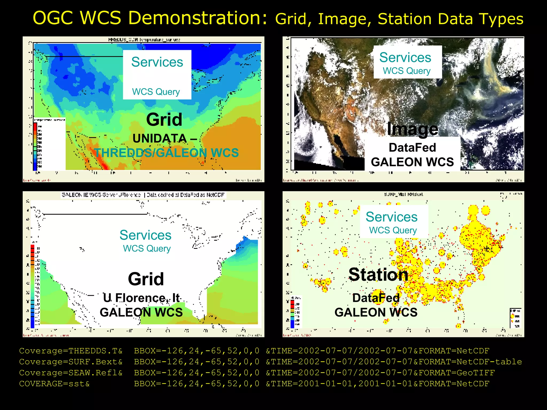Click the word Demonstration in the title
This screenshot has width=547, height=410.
(198, 18)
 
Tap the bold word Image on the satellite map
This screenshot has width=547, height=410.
(412, 129)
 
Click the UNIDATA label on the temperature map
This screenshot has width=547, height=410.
(160, 139)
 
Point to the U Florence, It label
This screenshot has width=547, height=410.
(141, 298)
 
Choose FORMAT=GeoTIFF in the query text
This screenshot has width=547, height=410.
(457, 373)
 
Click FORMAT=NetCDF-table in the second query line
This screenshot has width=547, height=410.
(470, 362)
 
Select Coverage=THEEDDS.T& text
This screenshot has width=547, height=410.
(71, 351)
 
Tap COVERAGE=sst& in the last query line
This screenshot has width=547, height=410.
(54, 384)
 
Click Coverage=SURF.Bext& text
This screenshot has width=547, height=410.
(71, 362)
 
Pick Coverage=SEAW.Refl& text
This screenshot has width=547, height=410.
(71, 373)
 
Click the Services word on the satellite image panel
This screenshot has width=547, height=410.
(405, 57)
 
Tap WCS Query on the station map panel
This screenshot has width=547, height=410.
(393, 230)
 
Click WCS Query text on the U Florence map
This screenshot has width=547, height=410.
(147, 249)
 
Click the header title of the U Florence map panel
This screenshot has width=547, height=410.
(143, 195)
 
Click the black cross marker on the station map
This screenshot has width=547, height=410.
(487, 249)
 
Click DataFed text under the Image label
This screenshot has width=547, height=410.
(412, 148)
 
